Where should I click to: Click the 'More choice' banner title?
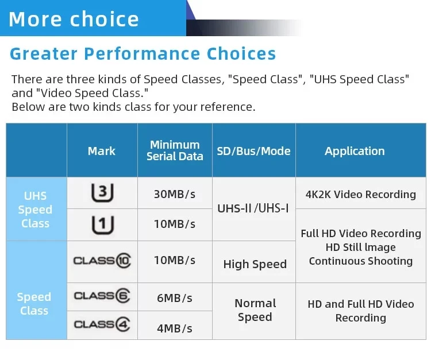click(74, 19)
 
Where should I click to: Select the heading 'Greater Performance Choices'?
click(143, 53)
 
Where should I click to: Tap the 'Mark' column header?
click(102, 151)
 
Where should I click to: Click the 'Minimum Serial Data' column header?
click(175, 150)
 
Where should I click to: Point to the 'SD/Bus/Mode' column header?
click(253, 151)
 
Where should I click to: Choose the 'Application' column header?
click(355, 151)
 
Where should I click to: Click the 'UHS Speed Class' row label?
click(36, 210)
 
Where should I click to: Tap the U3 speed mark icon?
click(102, 192)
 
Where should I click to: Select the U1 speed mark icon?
click(102, 225)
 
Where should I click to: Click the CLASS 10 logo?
click(102, 260)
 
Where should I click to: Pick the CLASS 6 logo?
click(102, 296)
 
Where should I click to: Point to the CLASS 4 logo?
click(102, 324)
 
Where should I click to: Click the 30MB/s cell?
click(175, 194)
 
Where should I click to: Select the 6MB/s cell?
click(175, 298)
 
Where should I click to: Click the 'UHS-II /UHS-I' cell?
click(253, 208)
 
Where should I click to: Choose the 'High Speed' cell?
click(255, 264)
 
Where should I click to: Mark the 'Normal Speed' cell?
click(255, 310)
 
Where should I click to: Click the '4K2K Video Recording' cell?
click(361, 195)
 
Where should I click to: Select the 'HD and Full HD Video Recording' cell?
click(361, 311)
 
